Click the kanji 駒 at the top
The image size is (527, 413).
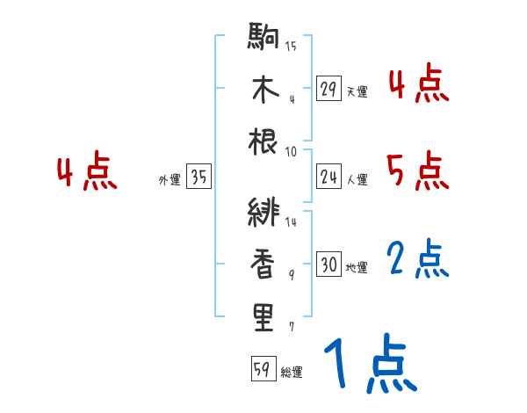tap(264, 40)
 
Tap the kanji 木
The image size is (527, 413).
tap(264, 90)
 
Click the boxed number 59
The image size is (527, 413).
tap(261, 370)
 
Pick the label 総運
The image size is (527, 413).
tap(291, 373)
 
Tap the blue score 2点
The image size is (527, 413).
tap(418, 259)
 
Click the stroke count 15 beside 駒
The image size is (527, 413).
tap(291, 46)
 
